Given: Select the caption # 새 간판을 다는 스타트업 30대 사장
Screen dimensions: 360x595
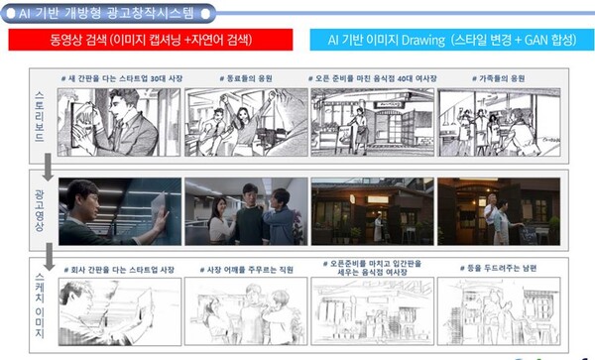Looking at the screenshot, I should tap(118, 77).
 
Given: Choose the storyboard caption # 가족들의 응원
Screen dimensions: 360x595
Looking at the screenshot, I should tap(497, 77).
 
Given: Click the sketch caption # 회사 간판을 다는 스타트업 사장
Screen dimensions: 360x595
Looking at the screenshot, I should tap(120, 270).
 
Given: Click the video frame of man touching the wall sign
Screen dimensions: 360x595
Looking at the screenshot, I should tap(119, 211).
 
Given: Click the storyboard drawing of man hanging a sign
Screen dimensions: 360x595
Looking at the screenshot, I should tap(119, 122).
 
